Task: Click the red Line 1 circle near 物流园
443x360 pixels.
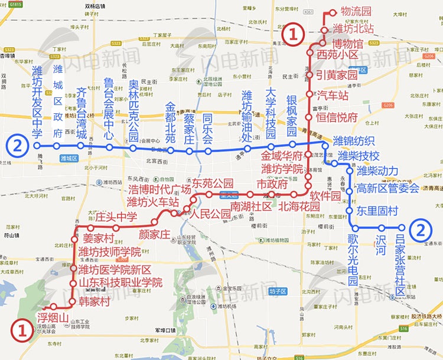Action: tap(294, 32)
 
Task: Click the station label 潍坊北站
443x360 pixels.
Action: tap(354, 28)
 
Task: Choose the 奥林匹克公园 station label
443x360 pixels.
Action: tap(133, 107)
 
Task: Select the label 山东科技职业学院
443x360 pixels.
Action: tap(120, 282)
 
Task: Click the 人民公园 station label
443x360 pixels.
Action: tap(210, 213)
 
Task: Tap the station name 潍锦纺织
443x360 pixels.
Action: tap(354, 141)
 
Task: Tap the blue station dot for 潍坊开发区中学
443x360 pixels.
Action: tap(37, 145)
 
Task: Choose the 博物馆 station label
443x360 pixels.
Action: tap(346, 42)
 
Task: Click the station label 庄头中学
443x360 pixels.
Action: tap(116, 217)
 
